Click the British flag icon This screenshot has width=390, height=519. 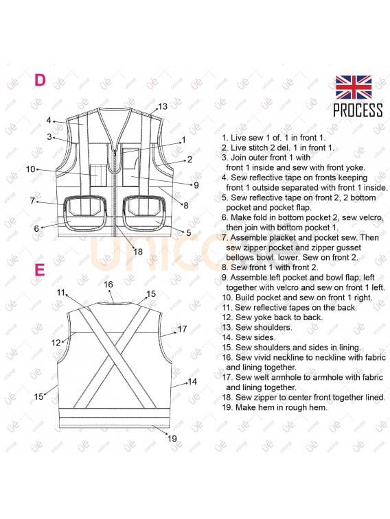(353, 87)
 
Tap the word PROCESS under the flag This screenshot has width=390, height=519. (358, 110)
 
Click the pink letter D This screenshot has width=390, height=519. (40, 80)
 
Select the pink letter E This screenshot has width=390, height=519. (39, 269)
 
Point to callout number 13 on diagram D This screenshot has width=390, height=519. (163, 106)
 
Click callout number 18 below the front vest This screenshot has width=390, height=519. (138, 252)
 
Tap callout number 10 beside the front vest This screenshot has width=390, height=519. (30, 169)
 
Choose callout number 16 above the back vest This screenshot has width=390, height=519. (108, 285)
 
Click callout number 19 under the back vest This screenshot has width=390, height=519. (172, 439)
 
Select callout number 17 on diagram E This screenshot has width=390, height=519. (182, 329)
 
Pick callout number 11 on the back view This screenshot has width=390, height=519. (60, 293)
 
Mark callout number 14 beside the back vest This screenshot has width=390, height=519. (192, 382)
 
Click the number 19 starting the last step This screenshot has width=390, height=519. (227, 407)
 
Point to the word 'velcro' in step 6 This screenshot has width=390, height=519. (371, 218)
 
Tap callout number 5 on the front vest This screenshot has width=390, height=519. (188, 232)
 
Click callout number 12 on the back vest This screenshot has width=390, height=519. (56, 343)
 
